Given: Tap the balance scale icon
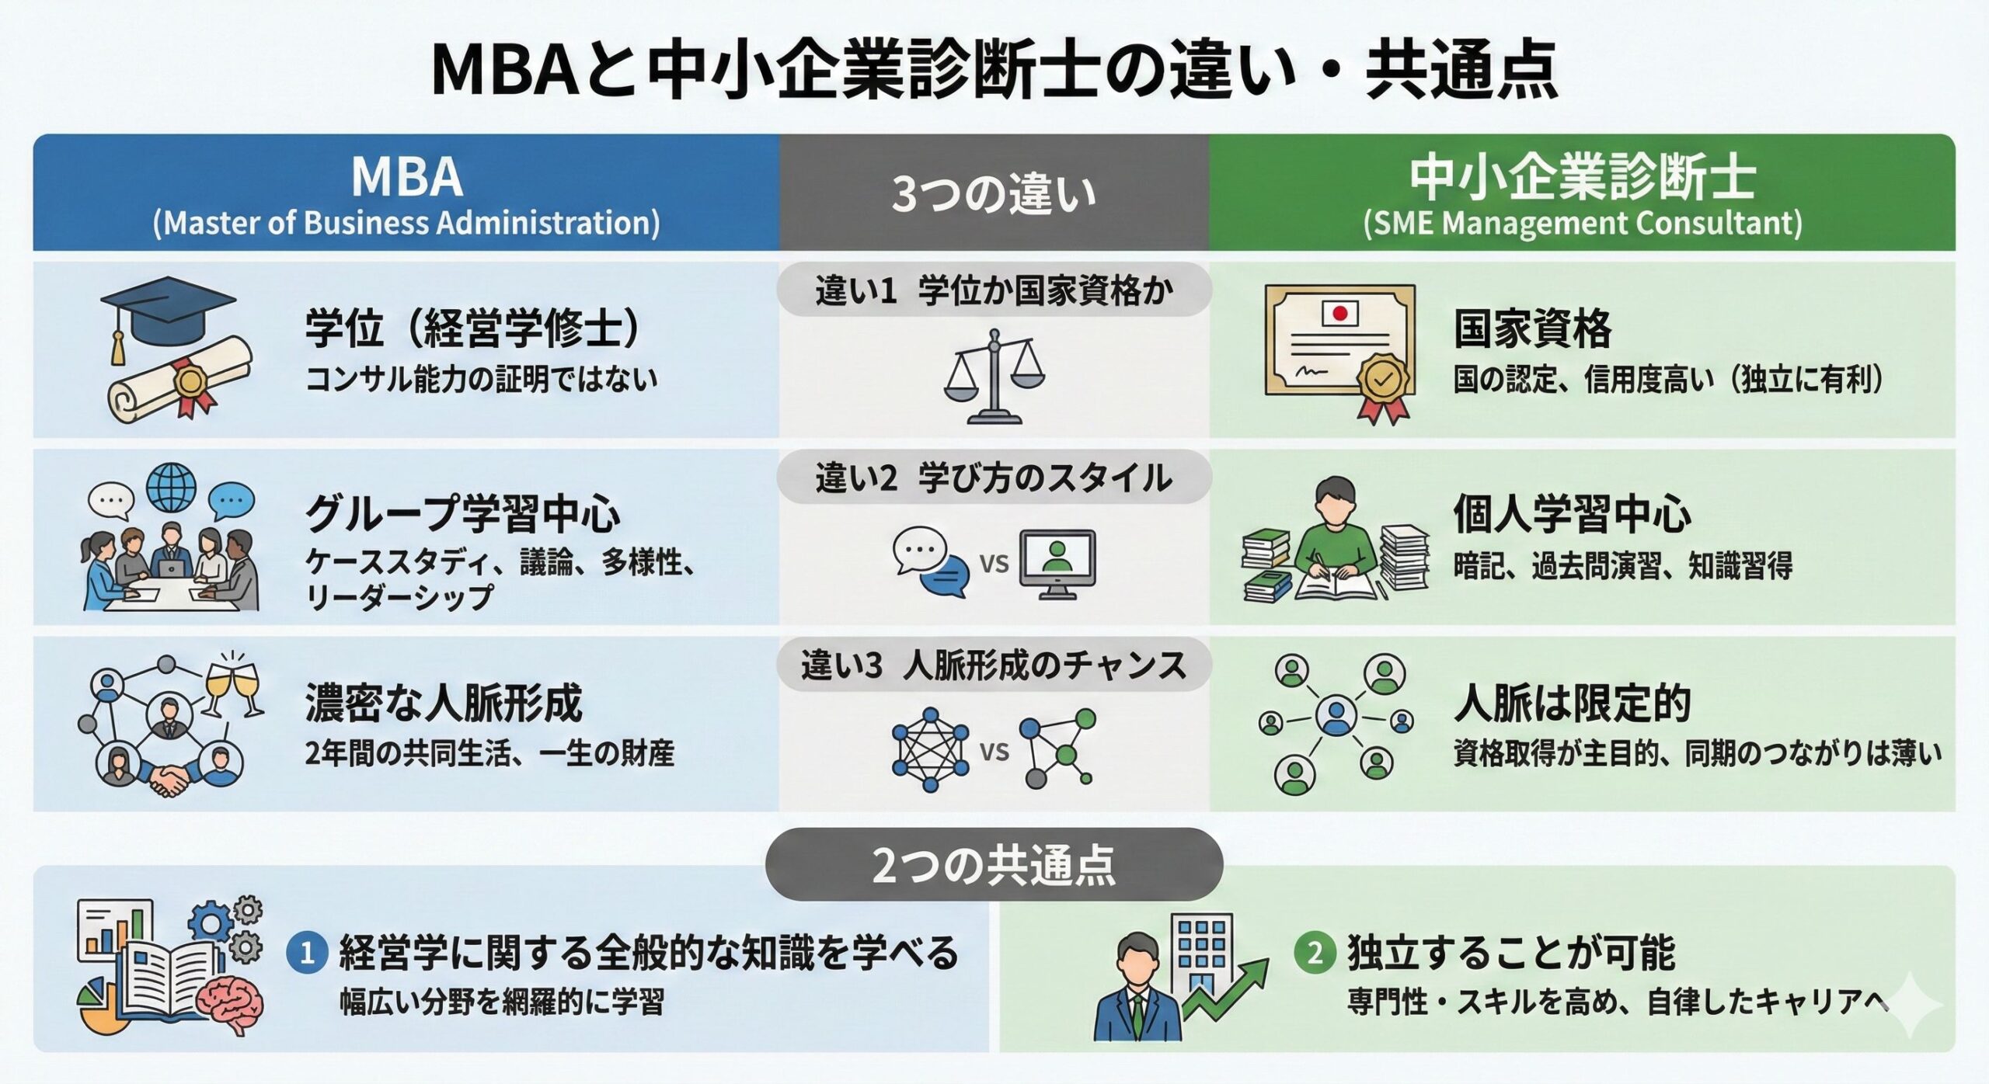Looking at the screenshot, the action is [994, 376].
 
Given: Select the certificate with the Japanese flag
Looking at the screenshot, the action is [1339, 353].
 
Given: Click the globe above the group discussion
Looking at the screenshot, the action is [171, 488].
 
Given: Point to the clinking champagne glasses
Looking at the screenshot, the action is [232, 683].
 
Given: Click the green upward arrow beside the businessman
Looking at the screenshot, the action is [1227, 989].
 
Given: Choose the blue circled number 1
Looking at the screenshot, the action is [307, 953].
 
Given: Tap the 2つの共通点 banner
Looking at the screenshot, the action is [994, 864].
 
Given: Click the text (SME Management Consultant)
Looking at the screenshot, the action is [1582, 224].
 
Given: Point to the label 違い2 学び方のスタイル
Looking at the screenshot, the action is [994, 478].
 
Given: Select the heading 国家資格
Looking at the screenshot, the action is [1532, 328].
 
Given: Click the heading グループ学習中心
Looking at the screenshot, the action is [463, 514].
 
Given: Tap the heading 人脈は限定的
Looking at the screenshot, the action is [1572, 703].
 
